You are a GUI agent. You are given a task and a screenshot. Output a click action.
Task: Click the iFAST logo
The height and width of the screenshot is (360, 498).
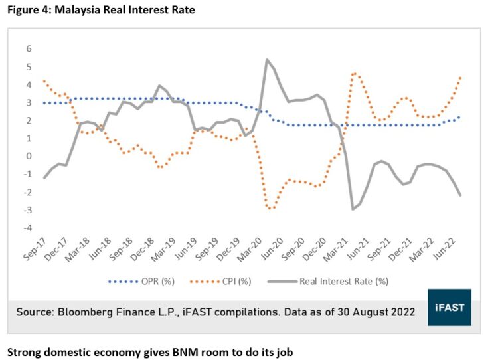click(449, 307)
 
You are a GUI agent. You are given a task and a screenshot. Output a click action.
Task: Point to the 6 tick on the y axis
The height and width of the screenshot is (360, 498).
click(29, 48)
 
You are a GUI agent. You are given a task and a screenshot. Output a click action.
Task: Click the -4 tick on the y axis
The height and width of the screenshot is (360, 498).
click(27, 228)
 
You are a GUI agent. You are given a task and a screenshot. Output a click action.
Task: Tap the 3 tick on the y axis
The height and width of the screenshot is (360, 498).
click(29, 103)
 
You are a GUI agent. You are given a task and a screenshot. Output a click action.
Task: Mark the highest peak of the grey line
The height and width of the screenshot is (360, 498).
click(266, 60)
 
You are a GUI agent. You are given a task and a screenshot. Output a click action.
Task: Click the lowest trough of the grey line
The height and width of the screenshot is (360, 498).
click(353, 209)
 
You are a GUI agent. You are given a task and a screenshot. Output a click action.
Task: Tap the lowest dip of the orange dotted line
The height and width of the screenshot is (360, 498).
click(270, 209)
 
